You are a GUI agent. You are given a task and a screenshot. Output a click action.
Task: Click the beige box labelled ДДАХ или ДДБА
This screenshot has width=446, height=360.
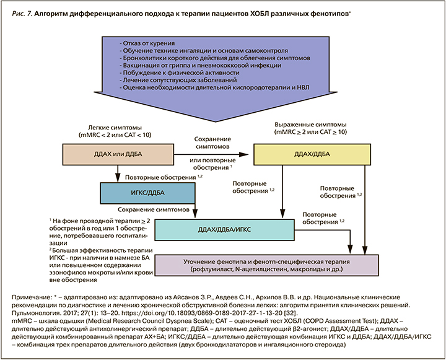click(116, 154)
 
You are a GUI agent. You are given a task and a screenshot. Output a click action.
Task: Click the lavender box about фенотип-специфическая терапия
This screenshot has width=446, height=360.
click(266, 265)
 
